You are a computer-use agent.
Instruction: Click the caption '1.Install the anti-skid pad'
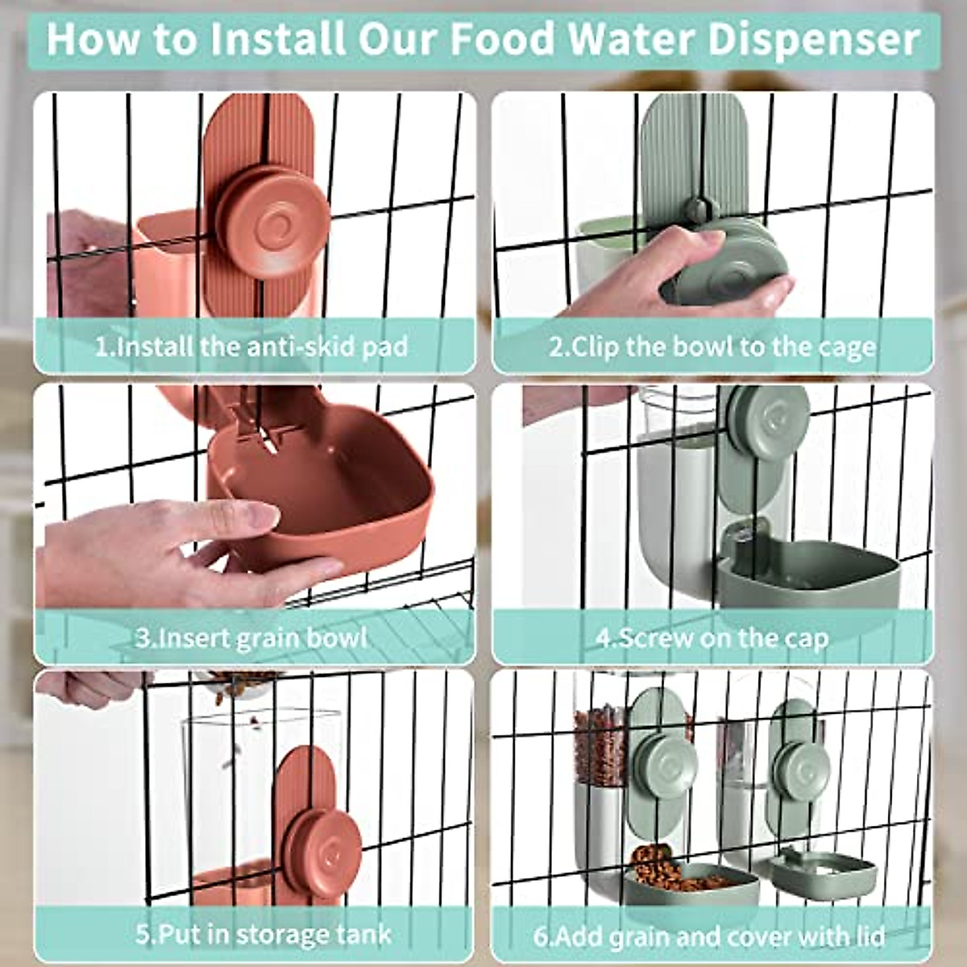[x=251, y=347]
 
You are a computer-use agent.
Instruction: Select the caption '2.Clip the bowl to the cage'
[x=712, y=347]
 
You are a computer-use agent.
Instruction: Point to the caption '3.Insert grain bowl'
[x=251, y=637]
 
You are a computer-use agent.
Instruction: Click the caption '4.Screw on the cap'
[x=712, y=637]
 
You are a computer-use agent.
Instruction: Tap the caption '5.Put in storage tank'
[x=264, y=935]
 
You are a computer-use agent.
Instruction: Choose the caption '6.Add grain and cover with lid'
[x=709, y=936]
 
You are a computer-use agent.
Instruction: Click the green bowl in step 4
[x=806, y=572]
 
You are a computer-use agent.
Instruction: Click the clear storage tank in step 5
[x=234, y=790]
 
